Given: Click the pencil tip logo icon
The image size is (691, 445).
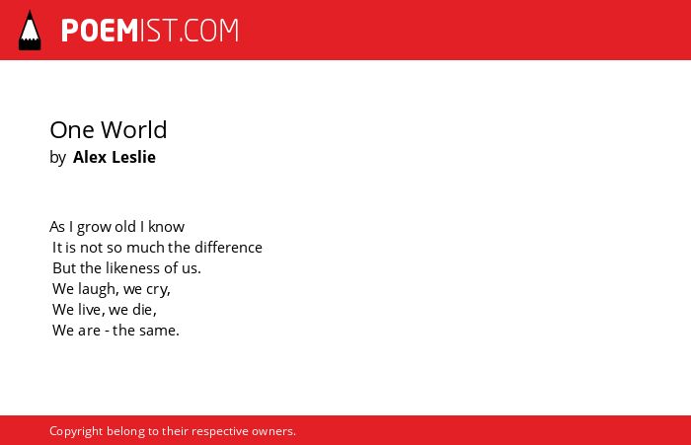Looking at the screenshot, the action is [30, 31].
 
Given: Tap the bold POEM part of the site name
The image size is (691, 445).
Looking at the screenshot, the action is [100, 31].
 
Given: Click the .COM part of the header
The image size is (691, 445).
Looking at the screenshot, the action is [208, 31].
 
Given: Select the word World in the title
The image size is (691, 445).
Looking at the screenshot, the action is [134, 130].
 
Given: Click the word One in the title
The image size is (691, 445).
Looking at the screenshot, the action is [72, 130].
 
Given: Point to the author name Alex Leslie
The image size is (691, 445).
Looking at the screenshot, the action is [115, 157].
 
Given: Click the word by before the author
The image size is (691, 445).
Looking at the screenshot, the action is [57, 158].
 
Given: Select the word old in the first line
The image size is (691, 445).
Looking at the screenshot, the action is [125, 227].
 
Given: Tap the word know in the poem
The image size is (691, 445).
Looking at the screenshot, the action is [166, 227].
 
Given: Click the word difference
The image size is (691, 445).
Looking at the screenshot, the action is [228, 248].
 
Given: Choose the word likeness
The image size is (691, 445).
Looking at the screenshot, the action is [132, 267].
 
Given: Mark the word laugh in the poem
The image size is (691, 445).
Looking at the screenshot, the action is [99, 289].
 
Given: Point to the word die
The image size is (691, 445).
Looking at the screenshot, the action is [144, 309].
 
